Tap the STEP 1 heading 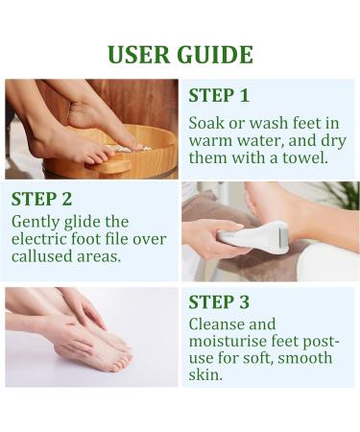[218, 95]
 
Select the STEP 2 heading [42, 200]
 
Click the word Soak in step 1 [207, 123]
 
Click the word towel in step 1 [305, 157]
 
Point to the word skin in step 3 [204, 375]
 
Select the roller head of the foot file [281, 235]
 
